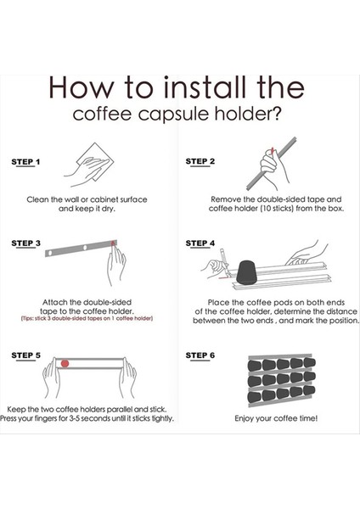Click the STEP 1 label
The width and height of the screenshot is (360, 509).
click(25, 162)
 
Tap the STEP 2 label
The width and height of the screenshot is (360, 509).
click(200, 161)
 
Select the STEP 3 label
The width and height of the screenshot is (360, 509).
click(26, 243)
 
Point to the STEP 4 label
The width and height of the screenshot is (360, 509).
click(200, 243)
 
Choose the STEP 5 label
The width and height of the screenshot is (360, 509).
click(26, 355)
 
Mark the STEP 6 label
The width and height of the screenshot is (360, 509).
click(200, 355)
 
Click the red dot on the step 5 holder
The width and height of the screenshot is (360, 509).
click(65, 363)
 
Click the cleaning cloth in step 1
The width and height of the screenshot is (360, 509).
click(95, 162)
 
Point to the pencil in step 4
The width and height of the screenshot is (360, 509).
click(225, 263)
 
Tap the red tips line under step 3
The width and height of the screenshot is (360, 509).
click(87, 318)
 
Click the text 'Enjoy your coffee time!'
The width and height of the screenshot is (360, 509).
click(276, 418)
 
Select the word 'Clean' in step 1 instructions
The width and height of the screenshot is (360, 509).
click(37, 199)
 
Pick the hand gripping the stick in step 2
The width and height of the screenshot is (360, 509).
click(273, 169)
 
